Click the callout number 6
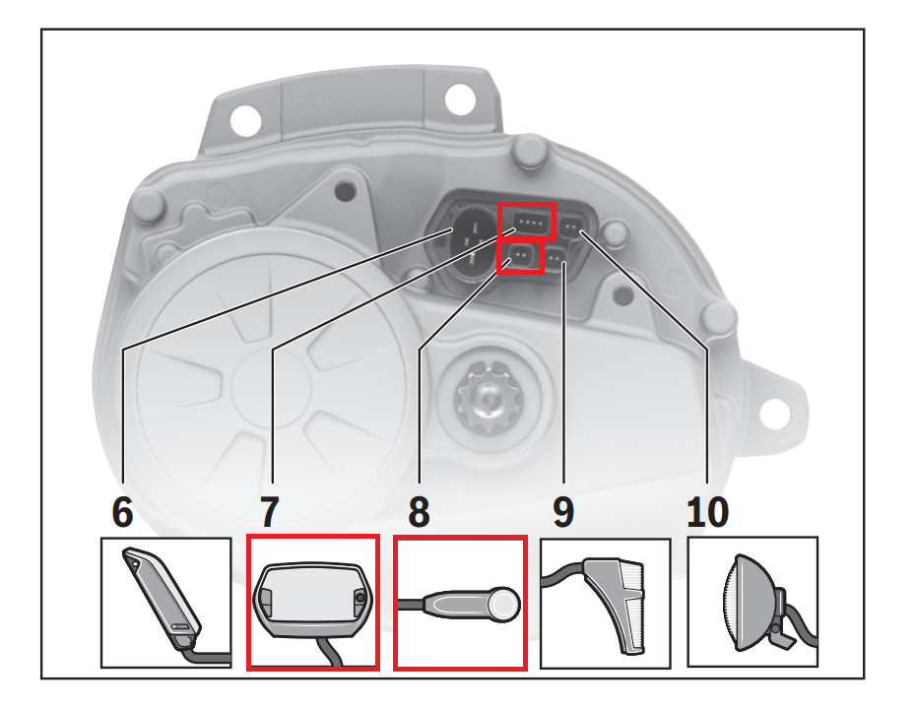(121, 512)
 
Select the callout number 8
(420, 512)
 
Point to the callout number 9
(563, 512)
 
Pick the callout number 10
(706, 512)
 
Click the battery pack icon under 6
(165, 602)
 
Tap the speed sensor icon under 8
(460, 602)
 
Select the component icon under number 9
(605, 602)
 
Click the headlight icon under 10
(752, 602)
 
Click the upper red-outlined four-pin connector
(527, 224)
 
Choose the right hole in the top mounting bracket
(459, 98)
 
